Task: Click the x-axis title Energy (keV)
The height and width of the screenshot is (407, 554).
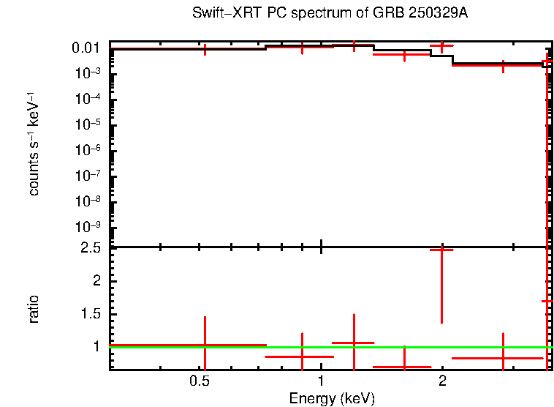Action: pyautogui.click(x=331, y=398)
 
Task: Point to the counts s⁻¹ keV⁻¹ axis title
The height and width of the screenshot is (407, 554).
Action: pyautogui.click(x=34, y=146)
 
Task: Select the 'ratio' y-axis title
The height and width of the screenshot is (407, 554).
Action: pyautogui.click(x=34, y=309)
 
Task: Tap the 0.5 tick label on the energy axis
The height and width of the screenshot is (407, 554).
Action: pyautogui.click(x=200, y=381)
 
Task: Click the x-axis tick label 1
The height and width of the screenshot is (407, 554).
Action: pyautogui.click(x=321, y=381)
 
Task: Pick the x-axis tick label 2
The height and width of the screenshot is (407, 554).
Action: pyautogui.click(x=442, y=381)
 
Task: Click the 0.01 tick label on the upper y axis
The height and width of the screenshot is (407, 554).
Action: pyautogui.click(x=86, y=48)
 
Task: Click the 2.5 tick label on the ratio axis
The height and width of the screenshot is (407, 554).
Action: pyautogui.click(x=91, y=248)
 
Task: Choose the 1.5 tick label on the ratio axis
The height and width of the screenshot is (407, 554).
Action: pyautogui.click(x=91, y=314)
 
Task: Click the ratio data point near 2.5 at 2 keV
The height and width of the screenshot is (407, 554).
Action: pyautogui.click(x=441, y=250)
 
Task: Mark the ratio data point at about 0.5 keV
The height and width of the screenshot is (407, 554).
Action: pyautogui.click(x=205, y=345)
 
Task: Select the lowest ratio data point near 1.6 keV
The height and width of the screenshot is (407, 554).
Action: pyautogui.click(x=404, y=367)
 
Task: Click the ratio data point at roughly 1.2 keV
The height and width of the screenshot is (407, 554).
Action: pyautogui.click(x=354, y=343)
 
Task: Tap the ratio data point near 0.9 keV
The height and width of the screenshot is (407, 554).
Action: pyautogui.click(x=301, y=356)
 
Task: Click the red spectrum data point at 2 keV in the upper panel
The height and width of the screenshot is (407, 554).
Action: pyautogui.click(x=441, y=45)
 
